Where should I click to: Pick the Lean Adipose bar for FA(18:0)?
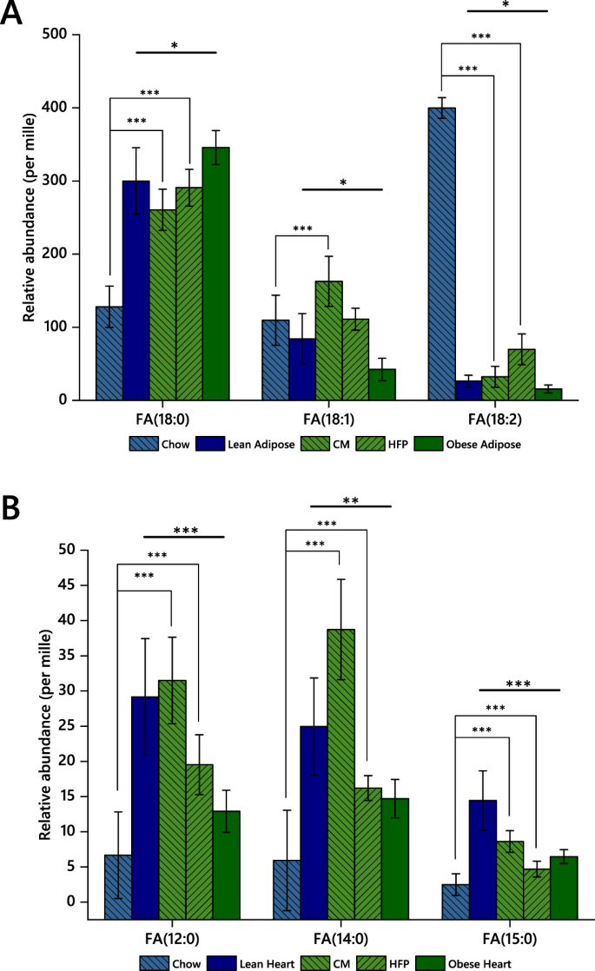[x=136, y=290]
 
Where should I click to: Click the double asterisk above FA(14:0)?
[x=351, y=500]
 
